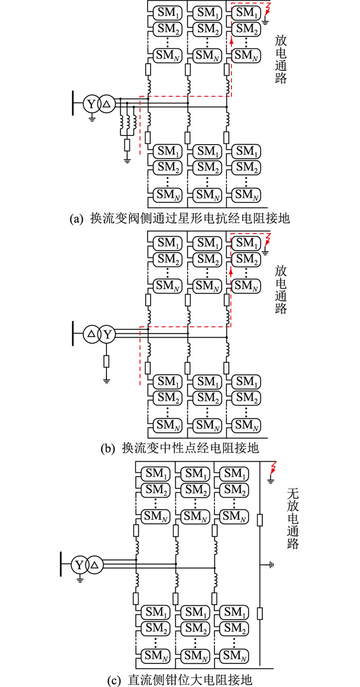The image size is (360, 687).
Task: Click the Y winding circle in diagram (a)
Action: tap(91, 104)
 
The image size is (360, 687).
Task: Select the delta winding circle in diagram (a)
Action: tap(106, 104)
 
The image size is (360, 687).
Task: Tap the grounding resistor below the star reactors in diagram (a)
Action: tap(127, 145)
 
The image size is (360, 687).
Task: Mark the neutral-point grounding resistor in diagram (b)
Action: tap(106, 361)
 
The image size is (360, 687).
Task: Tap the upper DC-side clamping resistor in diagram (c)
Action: tap(260, 520)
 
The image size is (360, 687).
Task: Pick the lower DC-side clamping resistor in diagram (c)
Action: tap(260, 613)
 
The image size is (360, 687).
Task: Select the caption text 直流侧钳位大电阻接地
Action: tap(190, 679)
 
